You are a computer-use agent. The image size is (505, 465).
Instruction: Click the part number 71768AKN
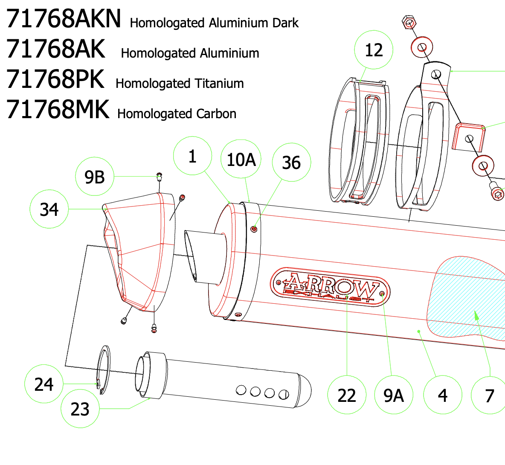[64, 19]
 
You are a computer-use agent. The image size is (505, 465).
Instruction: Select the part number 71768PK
[55, 79]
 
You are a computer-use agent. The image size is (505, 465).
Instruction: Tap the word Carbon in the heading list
[216, 113]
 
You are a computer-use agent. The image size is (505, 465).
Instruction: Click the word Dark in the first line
[285, 23]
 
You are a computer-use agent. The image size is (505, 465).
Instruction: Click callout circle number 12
[374, 50]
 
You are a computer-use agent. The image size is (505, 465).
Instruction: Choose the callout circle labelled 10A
[241, 159]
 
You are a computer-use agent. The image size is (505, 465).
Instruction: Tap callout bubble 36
[291, 162]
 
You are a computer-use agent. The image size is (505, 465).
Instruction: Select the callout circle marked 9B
[95, 177]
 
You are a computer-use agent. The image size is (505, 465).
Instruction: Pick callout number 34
[49, 209]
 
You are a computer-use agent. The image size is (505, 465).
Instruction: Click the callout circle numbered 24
[44, 384]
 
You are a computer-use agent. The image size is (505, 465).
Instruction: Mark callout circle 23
[80, 409]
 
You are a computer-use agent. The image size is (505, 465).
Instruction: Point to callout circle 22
[347, 395]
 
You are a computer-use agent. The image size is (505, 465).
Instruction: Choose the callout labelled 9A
[394, 395]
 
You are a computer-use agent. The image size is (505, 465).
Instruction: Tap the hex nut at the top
[409, 23]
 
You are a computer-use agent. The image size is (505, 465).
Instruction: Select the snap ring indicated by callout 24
[104, 370]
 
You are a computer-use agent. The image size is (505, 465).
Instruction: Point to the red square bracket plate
[469, 137]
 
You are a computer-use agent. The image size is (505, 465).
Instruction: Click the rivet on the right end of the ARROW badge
[382, 294]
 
